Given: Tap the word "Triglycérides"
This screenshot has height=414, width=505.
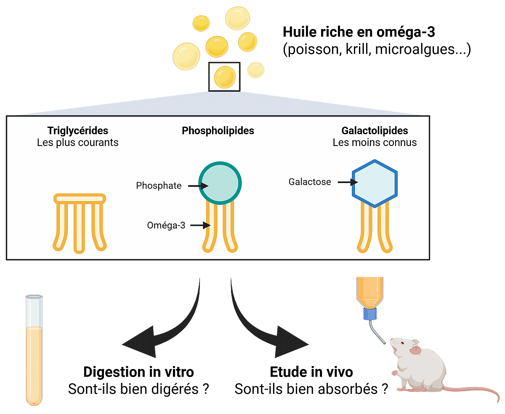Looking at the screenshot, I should click(78, 130).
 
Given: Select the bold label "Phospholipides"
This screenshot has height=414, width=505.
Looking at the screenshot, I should click(218, 131).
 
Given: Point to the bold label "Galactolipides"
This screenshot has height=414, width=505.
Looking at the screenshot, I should click(375, 130).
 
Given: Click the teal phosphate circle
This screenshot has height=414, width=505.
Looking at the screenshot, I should click(220, 182).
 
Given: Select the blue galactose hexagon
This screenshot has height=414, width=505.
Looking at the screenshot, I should click(375, 183).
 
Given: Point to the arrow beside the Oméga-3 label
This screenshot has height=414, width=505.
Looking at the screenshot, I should click(200, 226).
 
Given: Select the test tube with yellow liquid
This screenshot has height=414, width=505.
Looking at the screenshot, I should click(34, 349).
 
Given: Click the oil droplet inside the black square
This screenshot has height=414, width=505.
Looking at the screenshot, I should click(224, 77).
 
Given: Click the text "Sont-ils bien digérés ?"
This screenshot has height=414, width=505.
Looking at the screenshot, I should click(139, 389).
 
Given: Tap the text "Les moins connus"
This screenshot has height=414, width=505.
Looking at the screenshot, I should click(375, 143).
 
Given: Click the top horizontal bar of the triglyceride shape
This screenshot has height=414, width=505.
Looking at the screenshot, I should click(79, 198).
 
